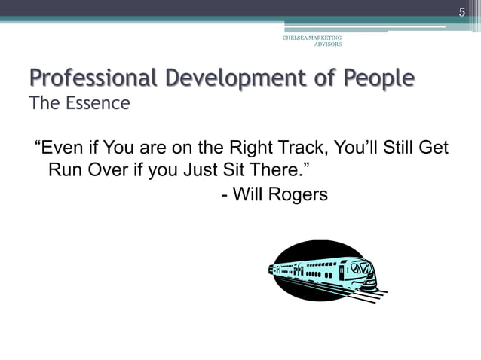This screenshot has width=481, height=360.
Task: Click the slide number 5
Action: pos(463,11)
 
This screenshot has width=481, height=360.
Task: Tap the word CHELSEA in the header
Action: pos(296,38)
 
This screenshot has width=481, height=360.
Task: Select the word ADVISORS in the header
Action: pos(328,44)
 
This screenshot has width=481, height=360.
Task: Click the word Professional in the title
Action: pos(90,78)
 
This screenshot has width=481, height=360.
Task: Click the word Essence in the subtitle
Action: pos(97,103)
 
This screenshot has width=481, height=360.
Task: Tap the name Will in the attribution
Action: pos(247,194)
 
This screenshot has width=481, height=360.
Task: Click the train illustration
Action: pos(324,272)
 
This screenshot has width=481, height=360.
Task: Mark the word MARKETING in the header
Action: pos(325,38)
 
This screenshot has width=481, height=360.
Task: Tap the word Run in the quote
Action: pos(66,169)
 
